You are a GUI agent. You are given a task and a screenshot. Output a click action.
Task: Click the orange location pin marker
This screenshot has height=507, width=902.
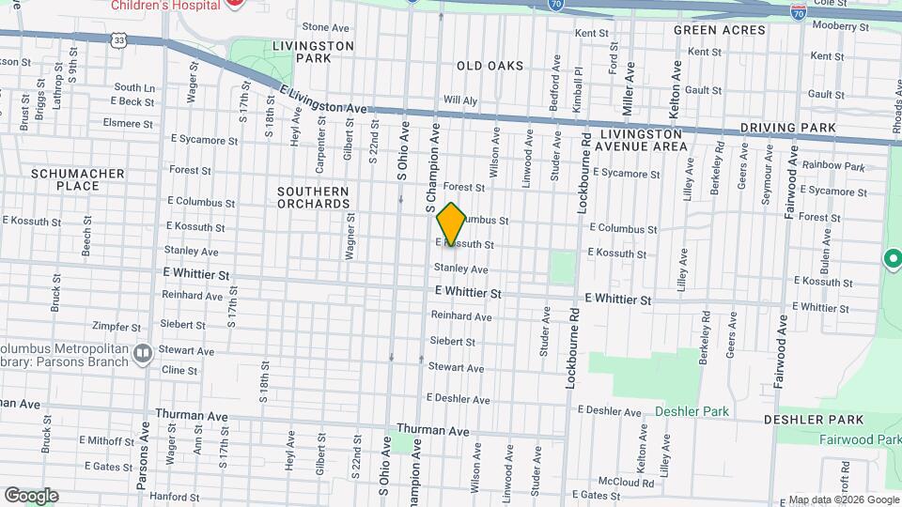click(x=451, y=224)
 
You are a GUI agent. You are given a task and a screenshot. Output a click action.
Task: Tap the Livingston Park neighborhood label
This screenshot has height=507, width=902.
click(x=312, y=52)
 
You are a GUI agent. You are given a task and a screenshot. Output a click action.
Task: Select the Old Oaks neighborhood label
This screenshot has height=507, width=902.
click(x=490, y=66)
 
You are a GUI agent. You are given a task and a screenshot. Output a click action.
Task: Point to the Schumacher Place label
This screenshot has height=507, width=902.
click(x=65, y=179)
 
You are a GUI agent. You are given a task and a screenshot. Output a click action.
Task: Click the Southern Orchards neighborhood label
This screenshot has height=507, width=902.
click(x=313, y=197)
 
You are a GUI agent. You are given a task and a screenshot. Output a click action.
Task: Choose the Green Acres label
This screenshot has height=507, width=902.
click(x=719, y=30)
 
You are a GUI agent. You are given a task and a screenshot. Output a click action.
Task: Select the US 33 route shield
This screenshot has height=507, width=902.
click(x=118, y=40)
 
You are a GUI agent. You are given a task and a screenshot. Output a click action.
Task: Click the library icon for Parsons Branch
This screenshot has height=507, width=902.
click(x=143, y=354)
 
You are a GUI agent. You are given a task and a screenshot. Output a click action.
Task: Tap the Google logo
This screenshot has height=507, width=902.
click(x=31, y=495)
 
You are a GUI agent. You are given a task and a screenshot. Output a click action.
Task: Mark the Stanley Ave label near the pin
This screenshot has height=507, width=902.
click(x=460, y=269)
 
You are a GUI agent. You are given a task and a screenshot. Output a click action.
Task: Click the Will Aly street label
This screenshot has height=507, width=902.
click(x=460, y=100)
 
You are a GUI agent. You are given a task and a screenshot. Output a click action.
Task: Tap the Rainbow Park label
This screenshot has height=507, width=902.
click(x=832, y=166)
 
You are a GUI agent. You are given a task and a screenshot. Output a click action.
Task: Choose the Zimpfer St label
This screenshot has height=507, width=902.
click(x=117, y=328)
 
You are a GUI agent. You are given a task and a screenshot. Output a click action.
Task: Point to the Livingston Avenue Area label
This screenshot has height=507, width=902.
click(x=642, y=140)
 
